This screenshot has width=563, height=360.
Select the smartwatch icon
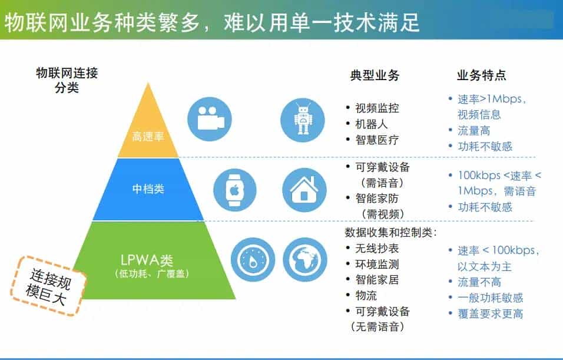(235, 190)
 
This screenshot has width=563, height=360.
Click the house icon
(304, 190)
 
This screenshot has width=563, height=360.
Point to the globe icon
(305, 259)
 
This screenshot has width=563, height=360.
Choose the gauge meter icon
(253, 259)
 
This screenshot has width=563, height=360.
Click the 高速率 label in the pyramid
(148, 137)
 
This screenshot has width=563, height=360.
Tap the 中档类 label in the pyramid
(148, 189)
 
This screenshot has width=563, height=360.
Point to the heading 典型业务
(375, 75)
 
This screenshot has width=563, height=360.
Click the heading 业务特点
(481, 75)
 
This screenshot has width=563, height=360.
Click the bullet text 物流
(366, 295)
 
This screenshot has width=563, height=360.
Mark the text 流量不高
(479, 282)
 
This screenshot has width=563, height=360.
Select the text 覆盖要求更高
(490, 314)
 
